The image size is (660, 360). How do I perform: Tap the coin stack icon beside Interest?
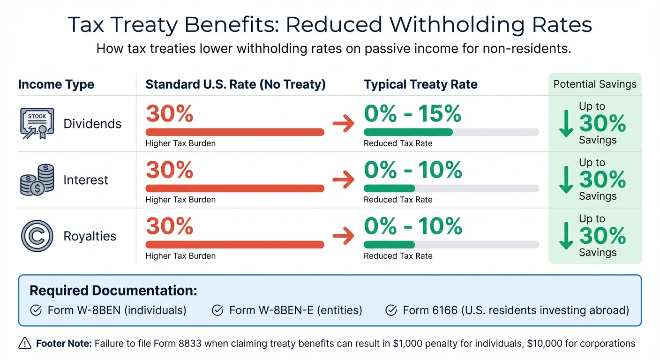(37, 180)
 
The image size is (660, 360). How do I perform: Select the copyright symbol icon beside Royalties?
(37, 236)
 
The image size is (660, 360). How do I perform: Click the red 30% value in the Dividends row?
(169, 114)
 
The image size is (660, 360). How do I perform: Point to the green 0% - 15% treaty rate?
(412, 114)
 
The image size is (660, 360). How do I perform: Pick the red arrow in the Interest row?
(343, 180)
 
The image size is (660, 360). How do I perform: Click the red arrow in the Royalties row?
(343, 236)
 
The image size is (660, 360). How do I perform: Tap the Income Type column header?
(56, 84)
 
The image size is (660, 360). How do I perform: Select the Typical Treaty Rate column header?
(420, 84)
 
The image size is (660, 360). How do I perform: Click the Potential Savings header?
(595, 84)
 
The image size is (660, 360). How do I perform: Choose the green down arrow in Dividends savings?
(566, 124)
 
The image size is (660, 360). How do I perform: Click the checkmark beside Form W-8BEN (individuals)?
(35, 310)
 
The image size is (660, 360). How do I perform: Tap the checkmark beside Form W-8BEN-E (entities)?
(217, 310)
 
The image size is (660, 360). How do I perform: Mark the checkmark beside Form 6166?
(390, 310)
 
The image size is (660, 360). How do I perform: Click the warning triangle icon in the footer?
(24, 344)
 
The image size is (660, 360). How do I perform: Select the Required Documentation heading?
(113, 290)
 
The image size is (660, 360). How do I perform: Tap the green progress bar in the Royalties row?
(389, 244)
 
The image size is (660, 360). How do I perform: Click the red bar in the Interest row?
(234, 188)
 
